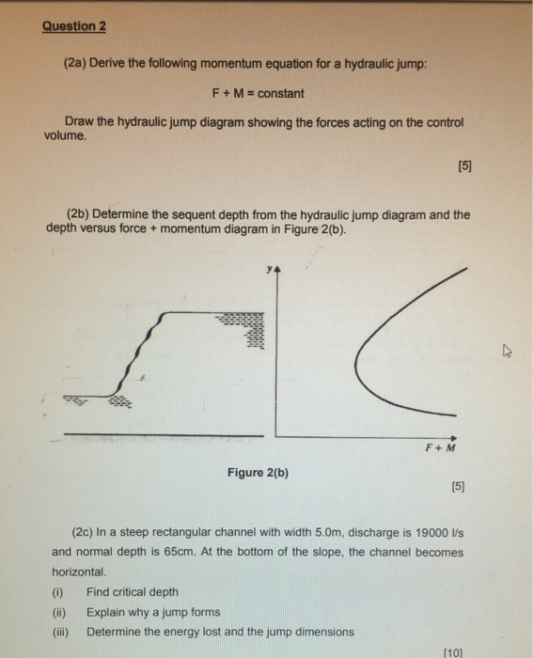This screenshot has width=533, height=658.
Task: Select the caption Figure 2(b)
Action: pos(258,472)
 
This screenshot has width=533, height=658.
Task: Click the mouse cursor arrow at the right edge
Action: pos(507,352)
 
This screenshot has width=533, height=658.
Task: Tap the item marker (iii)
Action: pos(60,632)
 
